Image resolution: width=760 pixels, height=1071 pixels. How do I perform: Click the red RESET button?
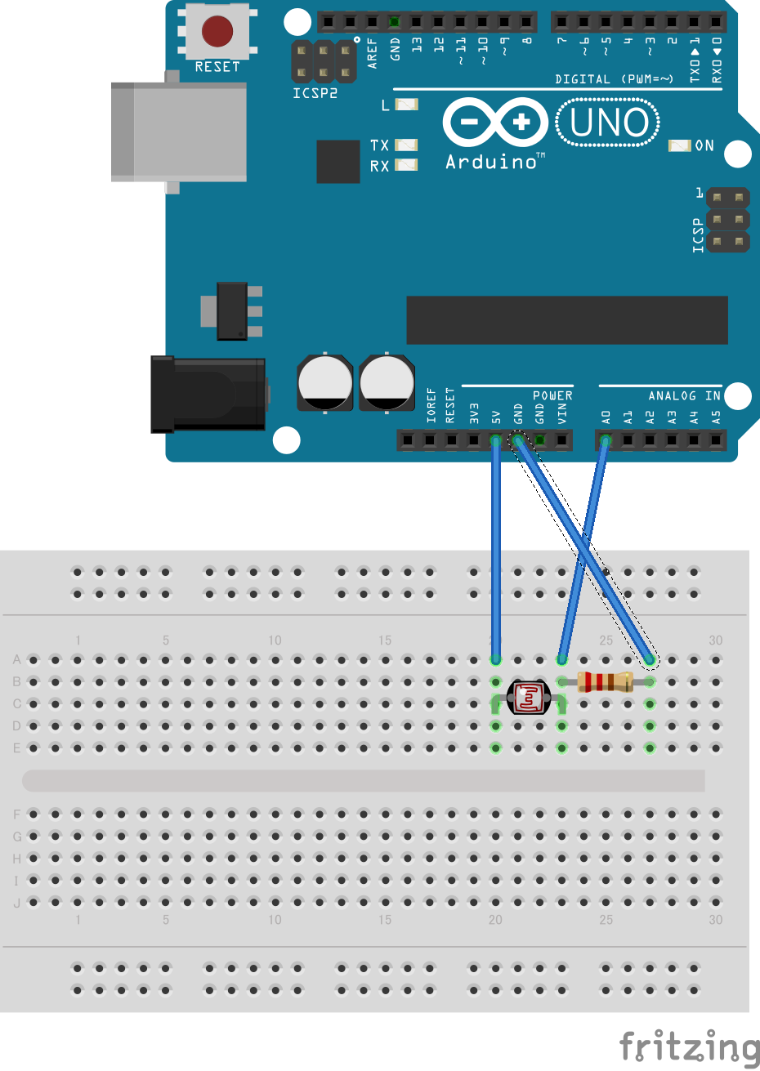217,31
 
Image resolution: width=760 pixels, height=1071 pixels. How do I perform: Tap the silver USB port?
179,132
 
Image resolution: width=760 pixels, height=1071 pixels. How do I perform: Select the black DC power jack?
208,395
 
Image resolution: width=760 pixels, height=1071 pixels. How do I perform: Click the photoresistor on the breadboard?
529,697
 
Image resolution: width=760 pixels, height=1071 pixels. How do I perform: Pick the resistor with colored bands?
605,682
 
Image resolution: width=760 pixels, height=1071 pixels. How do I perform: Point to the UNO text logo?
608,123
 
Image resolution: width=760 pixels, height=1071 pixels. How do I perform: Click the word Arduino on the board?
492,163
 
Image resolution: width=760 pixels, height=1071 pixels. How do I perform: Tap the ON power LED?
679,145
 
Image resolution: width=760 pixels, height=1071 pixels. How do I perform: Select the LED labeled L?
406,105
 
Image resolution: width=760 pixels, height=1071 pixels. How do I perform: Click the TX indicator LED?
405,145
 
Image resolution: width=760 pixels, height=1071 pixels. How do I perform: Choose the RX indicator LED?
405,164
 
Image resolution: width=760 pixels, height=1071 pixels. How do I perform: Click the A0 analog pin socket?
606,440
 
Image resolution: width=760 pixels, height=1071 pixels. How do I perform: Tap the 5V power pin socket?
495,440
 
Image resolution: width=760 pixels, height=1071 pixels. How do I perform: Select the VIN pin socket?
561,440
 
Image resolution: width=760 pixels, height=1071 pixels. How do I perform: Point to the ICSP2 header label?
315,94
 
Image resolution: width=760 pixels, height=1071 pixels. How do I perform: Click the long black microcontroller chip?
567,320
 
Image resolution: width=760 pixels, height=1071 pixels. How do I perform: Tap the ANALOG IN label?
685,396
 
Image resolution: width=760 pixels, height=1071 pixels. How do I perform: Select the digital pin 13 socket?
416,21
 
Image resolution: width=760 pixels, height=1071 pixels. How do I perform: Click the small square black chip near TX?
338,162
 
